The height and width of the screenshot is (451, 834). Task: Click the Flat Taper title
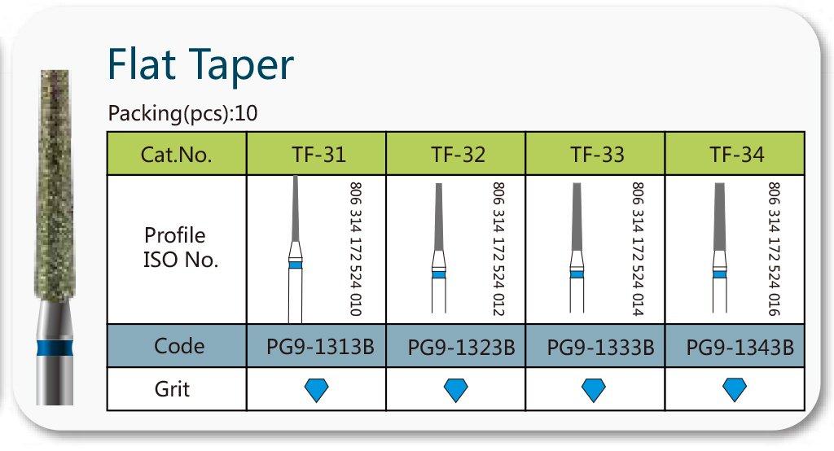(200, 65)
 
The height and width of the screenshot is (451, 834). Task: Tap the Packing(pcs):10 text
(182, 113)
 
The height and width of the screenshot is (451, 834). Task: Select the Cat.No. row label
(176, 154)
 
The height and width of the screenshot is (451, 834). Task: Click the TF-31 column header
(318, 155)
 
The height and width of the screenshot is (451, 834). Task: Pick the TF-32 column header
(458, 155)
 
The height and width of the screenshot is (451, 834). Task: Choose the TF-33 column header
(597, 155)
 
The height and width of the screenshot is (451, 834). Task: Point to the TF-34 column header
(736, 155)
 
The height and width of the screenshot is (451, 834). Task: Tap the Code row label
(178, 346)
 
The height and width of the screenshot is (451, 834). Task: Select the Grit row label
(172, 389)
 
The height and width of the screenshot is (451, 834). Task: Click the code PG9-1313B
(320, 347)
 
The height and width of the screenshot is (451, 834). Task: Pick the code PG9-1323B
(461, 348)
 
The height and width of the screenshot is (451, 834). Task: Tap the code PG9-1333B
(600, 348)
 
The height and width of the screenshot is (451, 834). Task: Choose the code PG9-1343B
(740, 348)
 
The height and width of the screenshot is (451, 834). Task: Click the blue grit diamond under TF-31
(317, 390)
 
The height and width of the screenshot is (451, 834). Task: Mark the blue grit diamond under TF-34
(735, 389)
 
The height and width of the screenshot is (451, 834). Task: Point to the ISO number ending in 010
(355, 249)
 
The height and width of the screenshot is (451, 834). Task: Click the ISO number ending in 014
(637, 249)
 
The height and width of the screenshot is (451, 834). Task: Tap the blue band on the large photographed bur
(55, 348)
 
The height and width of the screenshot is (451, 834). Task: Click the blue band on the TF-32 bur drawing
(439, 274)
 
